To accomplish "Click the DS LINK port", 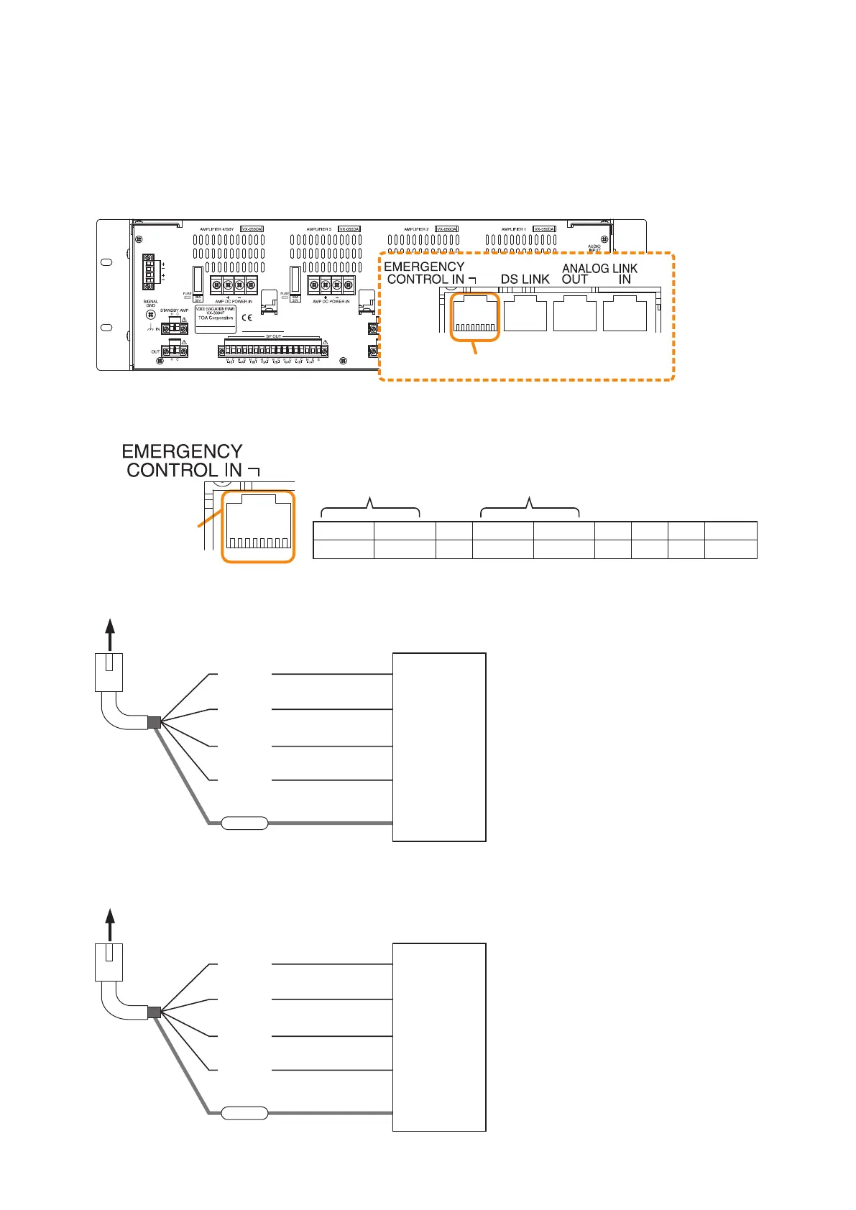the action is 525,315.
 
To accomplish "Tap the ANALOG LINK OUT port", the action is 575,315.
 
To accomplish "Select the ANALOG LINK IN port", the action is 625,315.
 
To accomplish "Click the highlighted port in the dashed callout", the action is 474,316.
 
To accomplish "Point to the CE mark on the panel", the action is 247,317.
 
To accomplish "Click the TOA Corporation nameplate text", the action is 216,318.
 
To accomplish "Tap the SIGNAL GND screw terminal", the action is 151,314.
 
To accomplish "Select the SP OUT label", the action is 274,336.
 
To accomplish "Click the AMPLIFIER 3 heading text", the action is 319,229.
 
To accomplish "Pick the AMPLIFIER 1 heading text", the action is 514,229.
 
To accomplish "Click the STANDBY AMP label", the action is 174,310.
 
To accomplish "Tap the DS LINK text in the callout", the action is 525,279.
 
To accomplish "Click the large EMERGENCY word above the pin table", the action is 182,451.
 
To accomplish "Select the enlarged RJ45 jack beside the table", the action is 258,527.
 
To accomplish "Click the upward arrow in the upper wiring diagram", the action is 109,632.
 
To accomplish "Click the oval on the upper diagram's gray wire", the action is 244,823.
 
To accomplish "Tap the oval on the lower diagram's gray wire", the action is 244,1114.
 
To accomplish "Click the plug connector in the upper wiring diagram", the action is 109,673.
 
